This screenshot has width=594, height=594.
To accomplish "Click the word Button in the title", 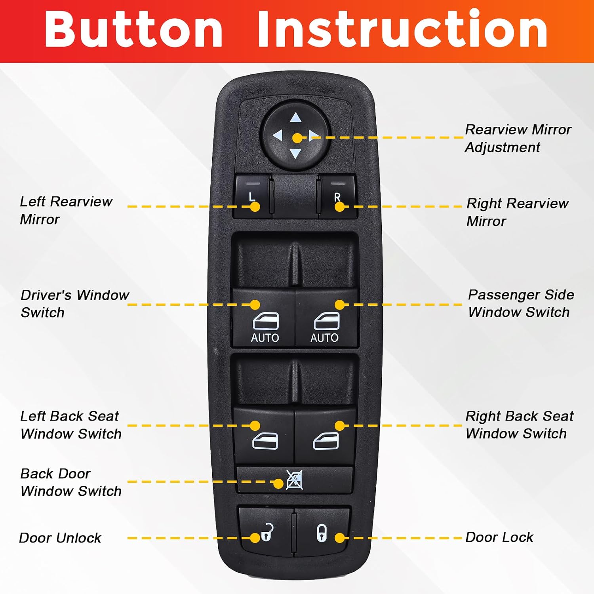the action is click(134, 29).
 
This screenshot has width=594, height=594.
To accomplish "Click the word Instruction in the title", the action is click(402, 29).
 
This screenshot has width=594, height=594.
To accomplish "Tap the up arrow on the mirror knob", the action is click(295, 118).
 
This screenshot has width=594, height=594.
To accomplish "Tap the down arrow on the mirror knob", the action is click(295, 153).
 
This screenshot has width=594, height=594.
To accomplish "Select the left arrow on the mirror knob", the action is click(278, 135).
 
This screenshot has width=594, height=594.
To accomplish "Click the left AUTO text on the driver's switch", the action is click(265, 338).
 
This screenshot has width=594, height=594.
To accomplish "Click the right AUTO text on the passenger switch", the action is click(324, 338).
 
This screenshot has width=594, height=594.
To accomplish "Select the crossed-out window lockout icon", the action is click(295, 480).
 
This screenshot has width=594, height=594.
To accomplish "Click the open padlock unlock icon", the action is click(267, 532).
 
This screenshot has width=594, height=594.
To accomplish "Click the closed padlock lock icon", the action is click(322, 533).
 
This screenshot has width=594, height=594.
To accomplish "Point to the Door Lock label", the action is click(499, 537).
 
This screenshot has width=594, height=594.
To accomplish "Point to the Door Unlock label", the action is click(60, 538).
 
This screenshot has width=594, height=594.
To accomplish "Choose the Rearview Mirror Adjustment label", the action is click(518, 138).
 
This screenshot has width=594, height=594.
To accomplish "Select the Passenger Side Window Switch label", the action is click(521, 303).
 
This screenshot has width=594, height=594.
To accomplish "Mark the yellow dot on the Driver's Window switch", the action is click(255, 305).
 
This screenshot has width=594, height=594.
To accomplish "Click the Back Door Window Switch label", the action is click(71, 482).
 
